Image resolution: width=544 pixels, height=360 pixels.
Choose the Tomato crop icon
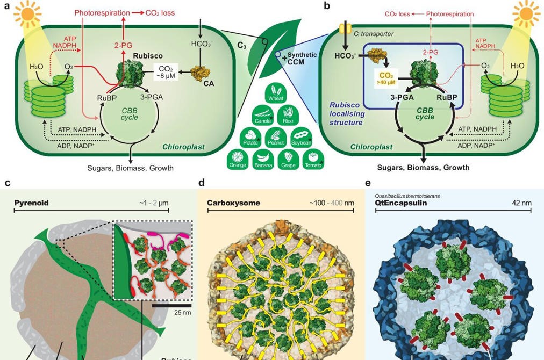[x=313, y=160]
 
